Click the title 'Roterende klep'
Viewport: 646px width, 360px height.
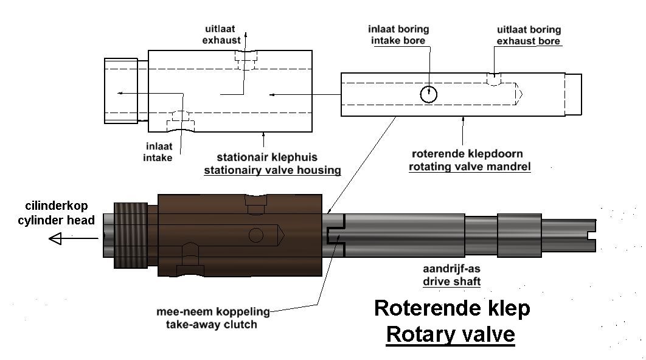pyautogui.click(x=452, y=308)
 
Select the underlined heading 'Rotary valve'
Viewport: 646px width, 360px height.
pyautogui.click(x=450, y=334)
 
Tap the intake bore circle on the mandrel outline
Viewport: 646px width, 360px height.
pyautogui.click(x=428, y=94)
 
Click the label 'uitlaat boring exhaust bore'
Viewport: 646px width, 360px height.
pyautogui.click(x=529, y=35)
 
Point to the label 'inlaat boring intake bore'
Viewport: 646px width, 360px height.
pyautogui.click(x=398, y=35)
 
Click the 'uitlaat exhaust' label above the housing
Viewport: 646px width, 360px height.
pyautogui.click(x=221, y=34)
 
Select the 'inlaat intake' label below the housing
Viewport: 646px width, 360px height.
pyautogui.click(x=158, y=151)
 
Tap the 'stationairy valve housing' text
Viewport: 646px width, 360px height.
pyautogui.click(x=273, y=170)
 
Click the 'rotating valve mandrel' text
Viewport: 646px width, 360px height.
pyautogui.click(x=470, y=167)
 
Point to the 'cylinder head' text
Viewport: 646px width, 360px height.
pyautogui.click(x=56, y=220)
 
